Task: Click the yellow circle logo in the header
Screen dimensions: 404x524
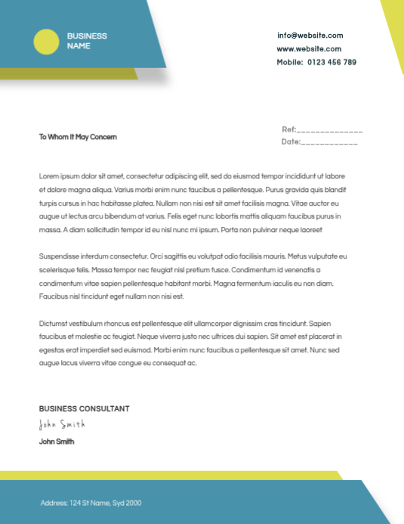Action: (46, 41)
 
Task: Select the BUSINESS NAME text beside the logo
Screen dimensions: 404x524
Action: (87, 41)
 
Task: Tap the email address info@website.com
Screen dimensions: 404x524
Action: (310, 36)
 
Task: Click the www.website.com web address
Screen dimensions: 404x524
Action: (310, 48)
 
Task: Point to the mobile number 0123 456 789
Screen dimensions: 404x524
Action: (332, 62)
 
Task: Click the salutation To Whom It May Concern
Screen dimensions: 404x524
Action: (78, 137)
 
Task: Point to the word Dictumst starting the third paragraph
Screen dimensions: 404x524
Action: (54, 323)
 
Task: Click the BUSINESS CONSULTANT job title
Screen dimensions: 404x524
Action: (84, 408)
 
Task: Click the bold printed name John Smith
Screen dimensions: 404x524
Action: (57, 442)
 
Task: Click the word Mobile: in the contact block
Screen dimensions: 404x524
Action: (289, 62)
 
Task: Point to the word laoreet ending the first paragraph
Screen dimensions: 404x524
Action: (311, 229)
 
